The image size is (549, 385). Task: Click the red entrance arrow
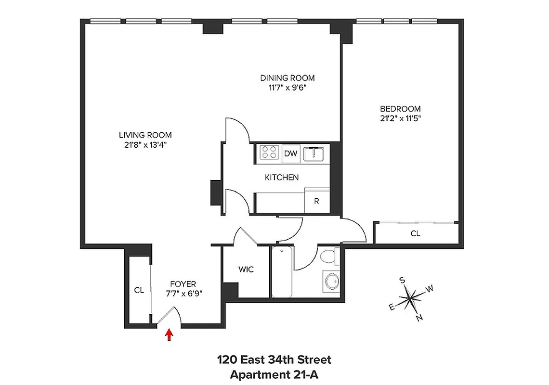[x=169, y=334]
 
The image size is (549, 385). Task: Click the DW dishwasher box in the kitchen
[x=290, y=154]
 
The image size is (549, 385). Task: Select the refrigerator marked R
[x=316, y=201]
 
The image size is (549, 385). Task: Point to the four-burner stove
[x=269, y=153]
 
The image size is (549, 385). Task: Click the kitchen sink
[x=316, y=154]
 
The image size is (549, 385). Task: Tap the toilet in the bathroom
[x=329, y=257]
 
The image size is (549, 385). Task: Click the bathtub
[x=281, y=272]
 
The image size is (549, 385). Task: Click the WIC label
[x=246, y=269]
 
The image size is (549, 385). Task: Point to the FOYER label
[x=183, y=284]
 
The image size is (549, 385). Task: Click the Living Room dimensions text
[x=145, y=144]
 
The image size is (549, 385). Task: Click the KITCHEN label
[x=282, y=178]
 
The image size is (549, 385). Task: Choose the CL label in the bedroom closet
[x=415, y=234]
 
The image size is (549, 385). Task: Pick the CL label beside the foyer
[x=139, y=290]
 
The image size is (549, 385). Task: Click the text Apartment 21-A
[x=274, y=374]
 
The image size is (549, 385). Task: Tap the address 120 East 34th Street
[x=274, y=359]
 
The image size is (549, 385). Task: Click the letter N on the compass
[x=419, y=317]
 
